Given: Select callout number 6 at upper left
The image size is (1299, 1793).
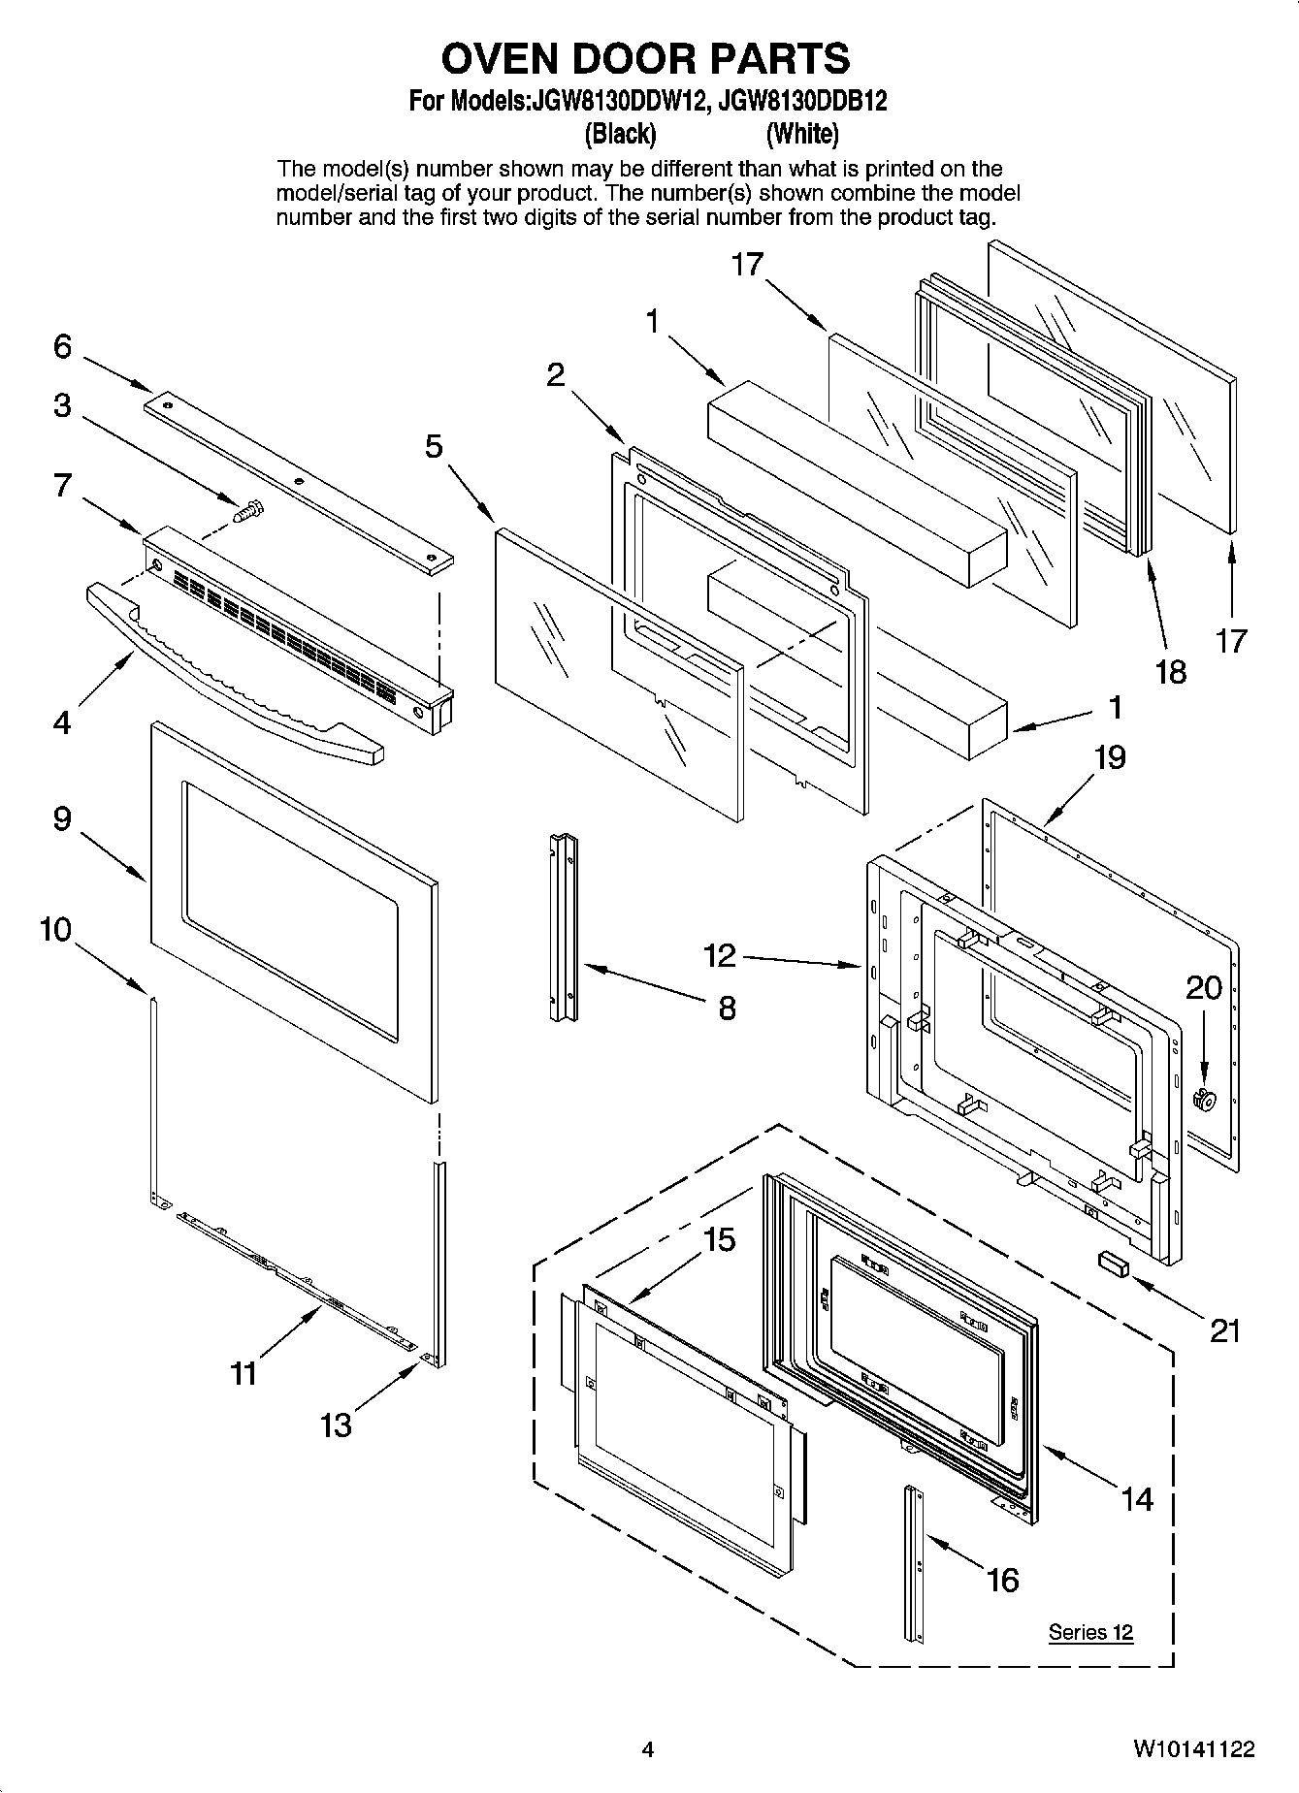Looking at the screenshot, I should click(x=63, y=346).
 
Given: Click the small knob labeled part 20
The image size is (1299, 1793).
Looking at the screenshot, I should click(x=1206, y=1098).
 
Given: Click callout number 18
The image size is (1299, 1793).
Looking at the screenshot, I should click(x=1171, y=671).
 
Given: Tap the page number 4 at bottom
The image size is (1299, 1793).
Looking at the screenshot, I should click(x=648, y=1750).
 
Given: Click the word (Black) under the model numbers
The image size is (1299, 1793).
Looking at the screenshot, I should click(x=620, y=133).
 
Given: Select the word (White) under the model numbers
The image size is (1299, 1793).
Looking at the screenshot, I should click(x=802, y=133).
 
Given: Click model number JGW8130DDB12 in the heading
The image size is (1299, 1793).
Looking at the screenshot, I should click(x=797, y=101).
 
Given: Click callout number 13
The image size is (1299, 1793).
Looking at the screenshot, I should click(x=336, y=1425).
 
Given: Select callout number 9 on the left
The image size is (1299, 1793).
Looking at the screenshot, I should click(x=62, y=819).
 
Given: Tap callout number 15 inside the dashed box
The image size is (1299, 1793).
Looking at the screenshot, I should click(x=719, y=1239).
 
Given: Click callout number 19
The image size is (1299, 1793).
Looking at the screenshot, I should click(x=1110, y=756).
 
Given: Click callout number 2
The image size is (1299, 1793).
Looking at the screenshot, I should click(x=555, y=374).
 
